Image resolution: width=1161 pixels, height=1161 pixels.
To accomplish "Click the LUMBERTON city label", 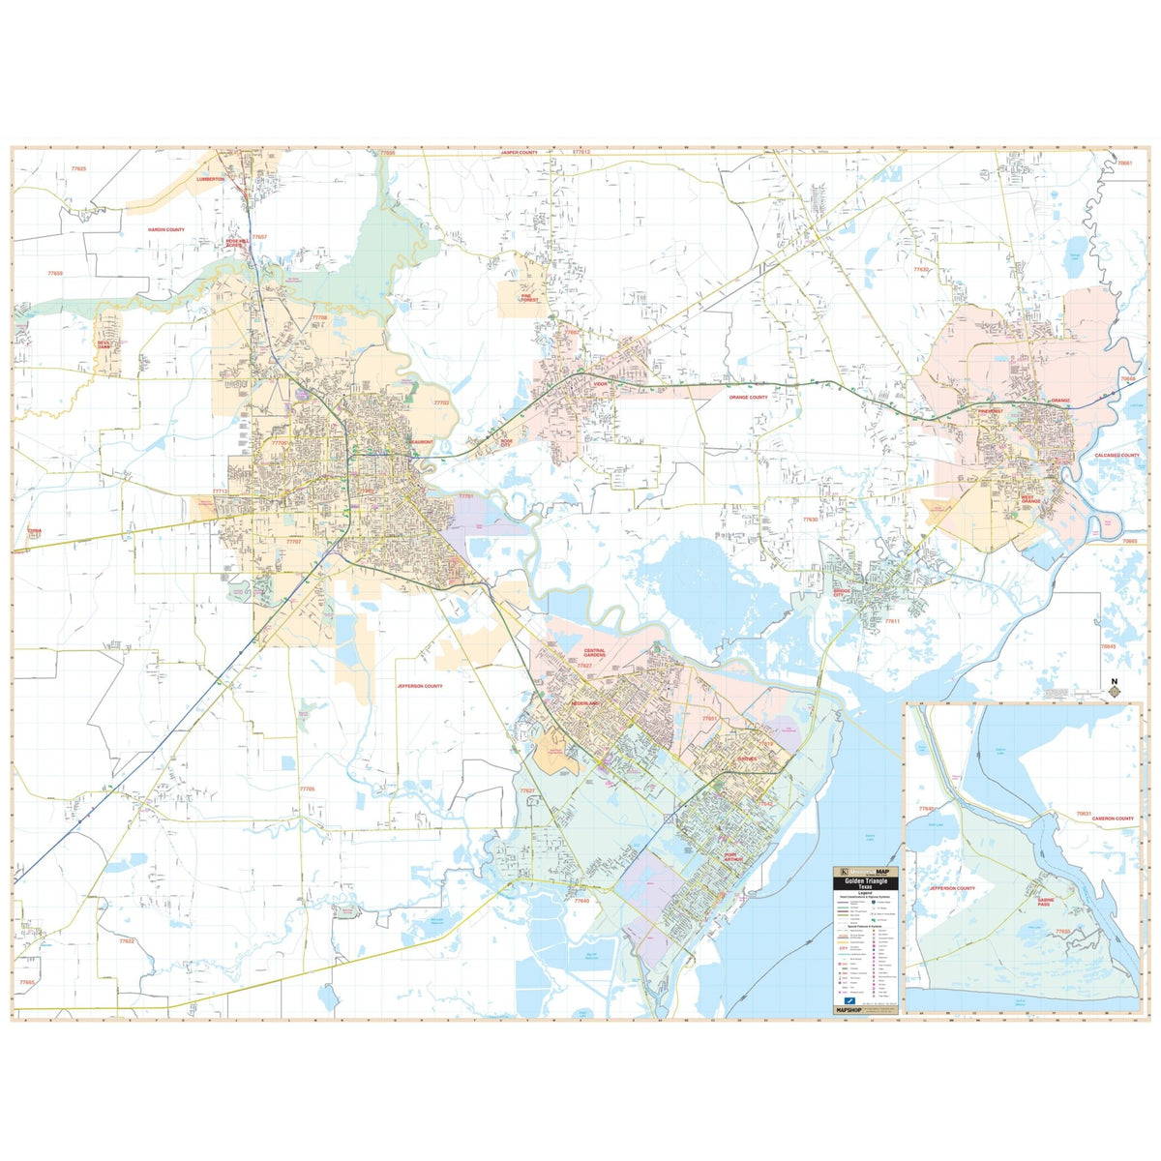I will (210, 180).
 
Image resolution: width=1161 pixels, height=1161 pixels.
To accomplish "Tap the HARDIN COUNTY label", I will (165, 230).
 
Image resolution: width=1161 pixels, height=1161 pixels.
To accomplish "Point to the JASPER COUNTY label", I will (519, 153).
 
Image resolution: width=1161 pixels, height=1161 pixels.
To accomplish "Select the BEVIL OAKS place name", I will (104, 343).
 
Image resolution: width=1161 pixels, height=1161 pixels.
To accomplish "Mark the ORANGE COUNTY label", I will (748, 397).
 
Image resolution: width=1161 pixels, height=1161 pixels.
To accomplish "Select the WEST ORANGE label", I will (1031, 499).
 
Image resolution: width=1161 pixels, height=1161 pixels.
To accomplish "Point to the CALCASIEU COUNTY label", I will (1117, 455).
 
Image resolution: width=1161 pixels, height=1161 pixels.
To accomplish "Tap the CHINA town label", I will (35, 531).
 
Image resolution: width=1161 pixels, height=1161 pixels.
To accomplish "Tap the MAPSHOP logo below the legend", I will (850, 1010).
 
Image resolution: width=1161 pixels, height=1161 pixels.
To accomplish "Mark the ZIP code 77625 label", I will (78, 169).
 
